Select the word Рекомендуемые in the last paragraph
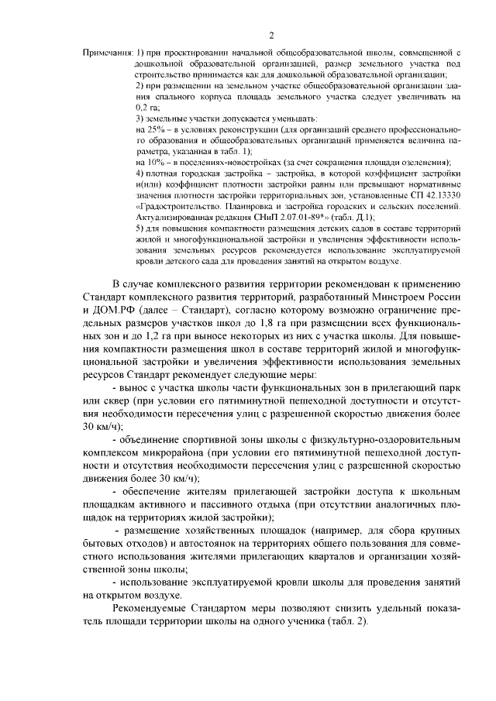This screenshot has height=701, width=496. [153, 609]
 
